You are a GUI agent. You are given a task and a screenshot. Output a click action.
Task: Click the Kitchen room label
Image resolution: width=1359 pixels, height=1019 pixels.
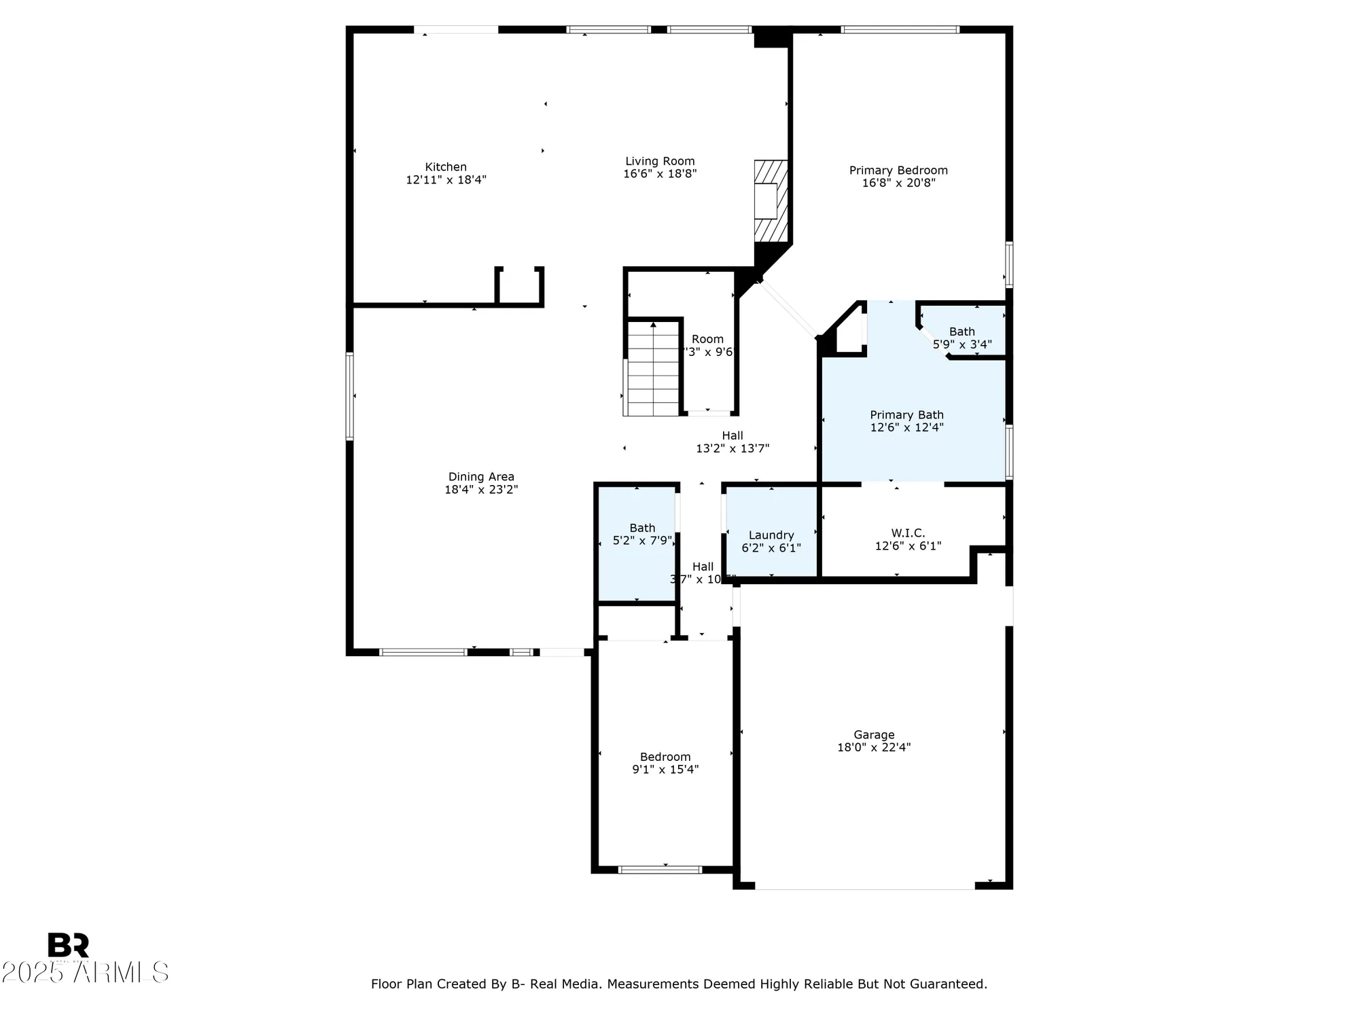446,167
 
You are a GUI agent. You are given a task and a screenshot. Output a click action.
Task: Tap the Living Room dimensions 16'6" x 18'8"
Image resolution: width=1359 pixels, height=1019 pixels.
660,174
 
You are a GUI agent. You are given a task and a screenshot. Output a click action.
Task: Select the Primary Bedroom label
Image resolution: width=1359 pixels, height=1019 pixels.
898,171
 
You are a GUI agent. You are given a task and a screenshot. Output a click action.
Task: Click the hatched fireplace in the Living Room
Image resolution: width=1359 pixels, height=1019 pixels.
771,201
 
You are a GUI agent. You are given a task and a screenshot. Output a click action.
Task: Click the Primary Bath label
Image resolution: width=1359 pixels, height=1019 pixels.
906,415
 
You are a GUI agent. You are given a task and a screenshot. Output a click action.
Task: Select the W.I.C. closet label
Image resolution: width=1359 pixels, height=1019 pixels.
908,533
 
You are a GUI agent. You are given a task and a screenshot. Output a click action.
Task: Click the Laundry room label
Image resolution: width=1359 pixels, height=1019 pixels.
771,535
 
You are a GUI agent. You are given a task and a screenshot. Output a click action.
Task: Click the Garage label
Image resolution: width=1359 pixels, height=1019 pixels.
874,735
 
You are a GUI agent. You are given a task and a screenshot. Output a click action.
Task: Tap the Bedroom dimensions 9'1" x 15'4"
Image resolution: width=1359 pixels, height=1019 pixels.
665,770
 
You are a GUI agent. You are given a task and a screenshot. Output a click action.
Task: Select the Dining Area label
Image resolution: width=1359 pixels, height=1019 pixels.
481,477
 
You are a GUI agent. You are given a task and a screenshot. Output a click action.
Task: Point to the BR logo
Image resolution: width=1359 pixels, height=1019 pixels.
68,945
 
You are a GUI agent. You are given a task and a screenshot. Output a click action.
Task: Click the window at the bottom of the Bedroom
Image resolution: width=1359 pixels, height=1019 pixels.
660,870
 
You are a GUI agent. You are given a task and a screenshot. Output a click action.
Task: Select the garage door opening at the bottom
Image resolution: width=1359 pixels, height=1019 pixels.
864,887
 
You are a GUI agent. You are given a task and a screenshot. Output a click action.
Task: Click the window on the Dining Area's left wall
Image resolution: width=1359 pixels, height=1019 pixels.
350,396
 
